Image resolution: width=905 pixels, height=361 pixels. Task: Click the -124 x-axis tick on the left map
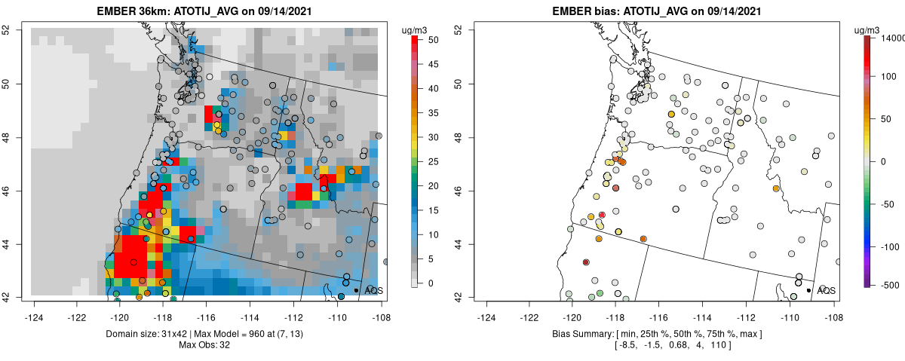click(34, 308)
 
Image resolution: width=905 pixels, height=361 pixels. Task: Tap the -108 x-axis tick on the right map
click(833, 308)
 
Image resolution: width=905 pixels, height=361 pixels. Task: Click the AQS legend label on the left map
click(374, 290)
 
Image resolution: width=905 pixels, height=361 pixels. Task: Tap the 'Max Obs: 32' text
click(204, 345)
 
